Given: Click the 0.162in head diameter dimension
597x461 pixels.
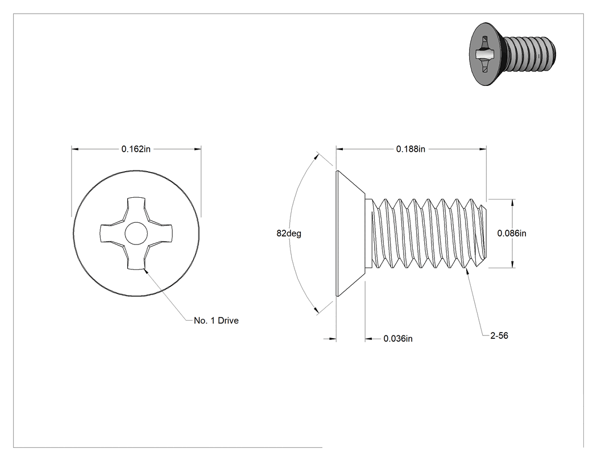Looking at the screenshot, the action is (136, 149).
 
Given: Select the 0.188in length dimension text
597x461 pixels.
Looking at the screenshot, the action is (411, 149).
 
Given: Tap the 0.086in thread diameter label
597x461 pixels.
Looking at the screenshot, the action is (512, 233).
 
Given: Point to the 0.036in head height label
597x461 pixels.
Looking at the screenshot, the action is (398, 338).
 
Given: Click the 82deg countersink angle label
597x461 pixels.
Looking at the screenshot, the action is (289, 233).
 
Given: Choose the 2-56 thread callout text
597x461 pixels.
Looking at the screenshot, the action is (499, 335).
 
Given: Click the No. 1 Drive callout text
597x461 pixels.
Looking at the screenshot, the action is (216, 321).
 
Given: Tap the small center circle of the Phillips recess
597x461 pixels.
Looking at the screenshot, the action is (136, 233).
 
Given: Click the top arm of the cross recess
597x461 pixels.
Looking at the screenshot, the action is (136, 209).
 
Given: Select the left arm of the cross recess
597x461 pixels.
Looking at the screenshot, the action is (113, 233).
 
